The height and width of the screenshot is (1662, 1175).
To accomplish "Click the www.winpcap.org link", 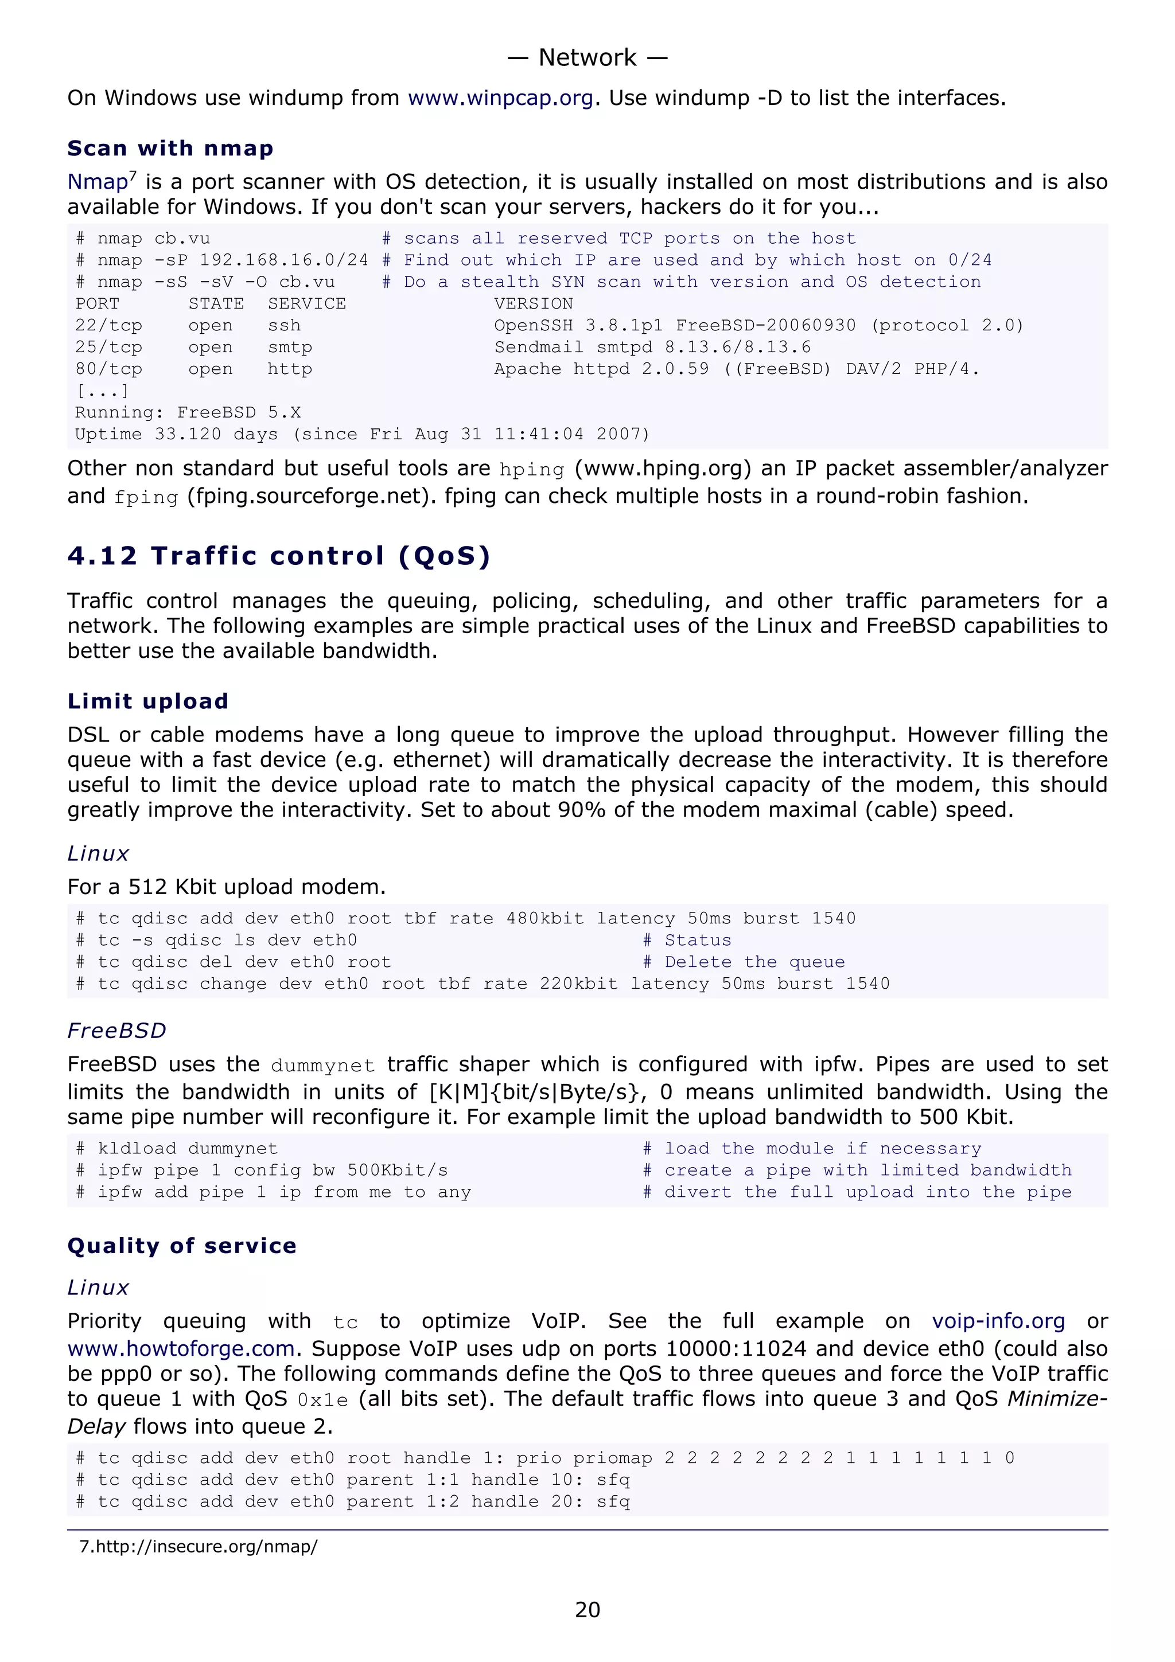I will click(500, 97).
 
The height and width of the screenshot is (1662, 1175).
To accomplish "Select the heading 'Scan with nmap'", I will click(170, 149).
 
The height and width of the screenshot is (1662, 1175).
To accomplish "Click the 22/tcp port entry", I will click(108, 326).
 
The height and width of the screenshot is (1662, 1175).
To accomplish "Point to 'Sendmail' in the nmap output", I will click(539, 348).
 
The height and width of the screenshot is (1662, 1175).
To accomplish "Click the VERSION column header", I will click(534, 304).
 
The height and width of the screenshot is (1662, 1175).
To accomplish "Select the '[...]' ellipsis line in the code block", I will click(102, 391).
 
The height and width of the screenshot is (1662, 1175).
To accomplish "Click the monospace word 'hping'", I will click(531, 470).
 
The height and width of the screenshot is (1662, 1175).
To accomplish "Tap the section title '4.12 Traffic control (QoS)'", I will click(279, 556).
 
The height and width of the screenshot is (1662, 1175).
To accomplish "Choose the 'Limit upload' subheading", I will click(147, 701).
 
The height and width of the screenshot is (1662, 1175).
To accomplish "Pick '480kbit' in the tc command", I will click(544, 919).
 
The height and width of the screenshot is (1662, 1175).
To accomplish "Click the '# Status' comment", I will click(687, 941).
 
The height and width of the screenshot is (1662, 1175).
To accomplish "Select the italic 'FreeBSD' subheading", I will click(116, 1031).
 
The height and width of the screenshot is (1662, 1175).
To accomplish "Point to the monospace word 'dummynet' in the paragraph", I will click(322, 1066).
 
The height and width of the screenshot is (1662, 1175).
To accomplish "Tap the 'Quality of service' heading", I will click(182, 1246).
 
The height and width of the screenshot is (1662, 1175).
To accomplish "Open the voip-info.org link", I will click(998, 1321).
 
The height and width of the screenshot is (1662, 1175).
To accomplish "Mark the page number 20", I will click(587, 1609).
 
